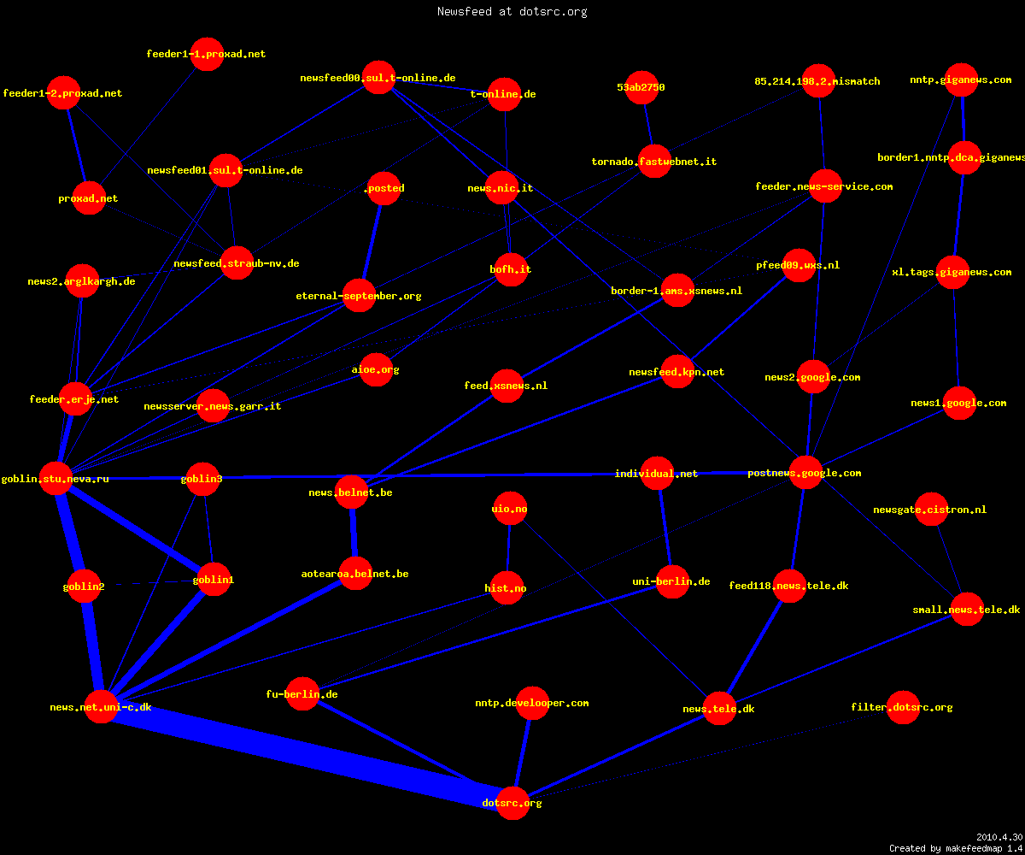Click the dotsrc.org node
pyautogui.click(x=512, y=803)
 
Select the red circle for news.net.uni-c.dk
pyautogui.click(x=101, y=706)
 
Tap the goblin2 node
pyautogui.click(x=84, y=587)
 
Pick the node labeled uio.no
pyautogui.click(x=510, y=509)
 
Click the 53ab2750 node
pyautogui.click(x=641, y=87)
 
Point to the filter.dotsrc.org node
pyautogui.click(x=903, y=707)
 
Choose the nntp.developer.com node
pyautogui.click(x=532, y=703)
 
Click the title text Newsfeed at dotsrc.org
pyautogui.click(x=512, y=11)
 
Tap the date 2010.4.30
pyautogui.click(x=999, y=837)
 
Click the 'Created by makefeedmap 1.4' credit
pyautogui.click(x=956, y=848)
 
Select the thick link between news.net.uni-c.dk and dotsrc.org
pyautogui.click(x=307, y=755)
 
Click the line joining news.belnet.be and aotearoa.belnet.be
pyautogui.click(x=354, y=533)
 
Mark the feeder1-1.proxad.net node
pyautogui.click(x=208, y=54)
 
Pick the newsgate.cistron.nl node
pyautogui.click(x=931, y=509)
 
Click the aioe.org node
pyautogui.click(x=377, y=369)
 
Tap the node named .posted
pyautogui.click(x=384, y=188)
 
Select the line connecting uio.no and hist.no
pyautogui.click(x=508, y=548)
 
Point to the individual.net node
pyautogui.click(x=658, y=473)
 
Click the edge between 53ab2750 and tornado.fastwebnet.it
pyautogui.click(x=648, y=124)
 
